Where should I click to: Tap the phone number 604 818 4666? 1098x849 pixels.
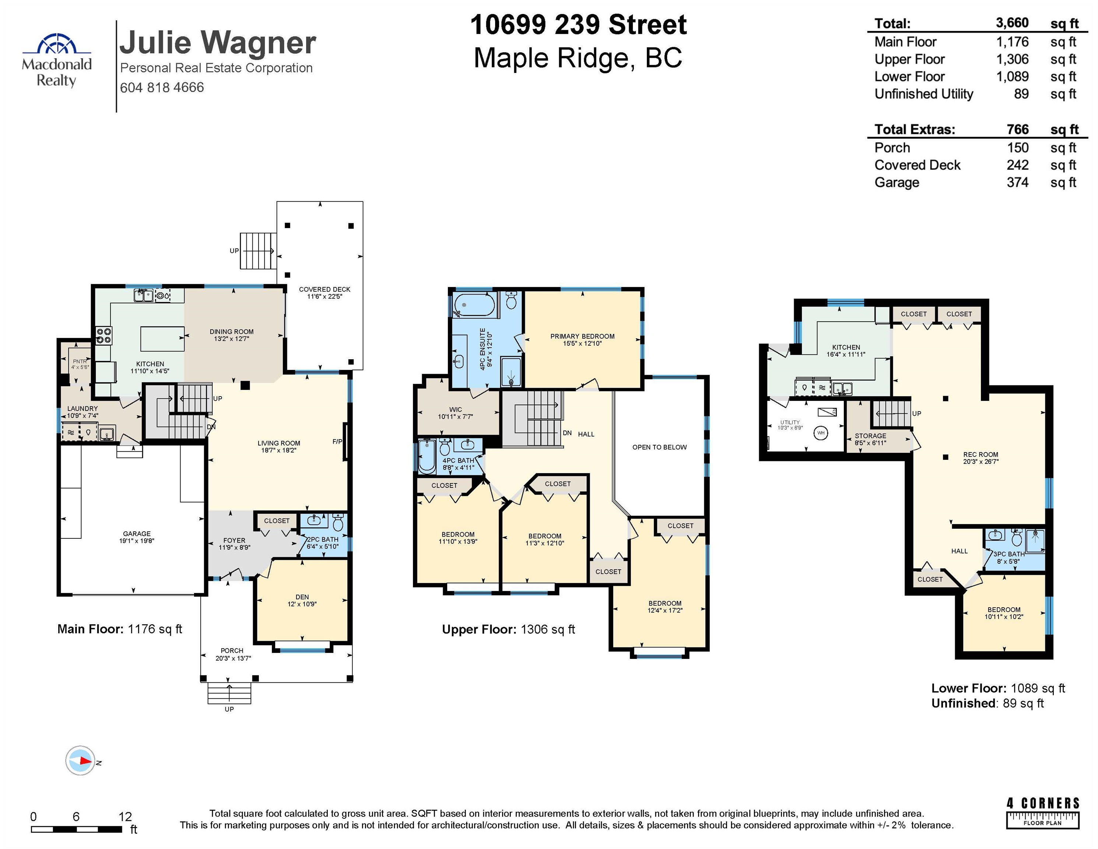click(x=162, y=87)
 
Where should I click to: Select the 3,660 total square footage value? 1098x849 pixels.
click(x=1012, y=23)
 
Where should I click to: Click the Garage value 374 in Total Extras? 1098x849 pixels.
click(x=1018, y=182)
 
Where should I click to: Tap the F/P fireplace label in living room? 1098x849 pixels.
click(x=337, y=441)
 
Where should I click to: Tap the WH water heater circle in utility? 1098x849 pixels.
click(x=821, y=433)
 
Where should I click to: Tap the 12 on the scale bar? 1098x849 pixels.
click(x=125, y=816)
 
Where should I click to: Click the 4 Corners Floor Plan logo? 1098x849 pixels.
click(x=1043, y=812)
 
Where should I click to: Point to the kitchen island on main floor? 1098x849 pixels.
click(x=162, y=339)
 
